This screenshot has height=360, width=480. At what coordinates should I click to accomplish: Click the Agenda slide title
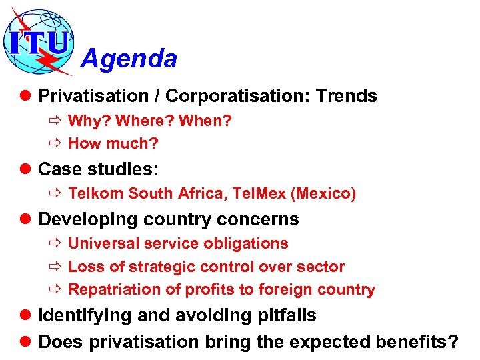tap(129, 59)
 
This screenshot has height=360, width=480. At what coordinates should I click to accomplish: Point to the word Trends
tap(346, 96)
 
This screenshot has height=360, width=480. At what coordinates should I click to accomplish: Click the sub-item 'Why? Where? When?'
tap(150, 121)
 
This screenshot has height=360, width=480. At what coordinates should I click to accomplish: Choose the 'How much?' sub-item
tap(113, 143)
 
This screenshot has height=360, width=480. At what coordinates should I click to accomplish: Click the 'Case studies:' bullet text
tap(99, 169)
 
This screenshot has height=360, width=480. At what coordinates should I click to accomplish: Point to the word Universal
tap(101, 243)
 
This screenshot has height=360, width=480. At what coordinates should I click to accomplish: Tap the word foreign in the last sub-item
tap(299, 289)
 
